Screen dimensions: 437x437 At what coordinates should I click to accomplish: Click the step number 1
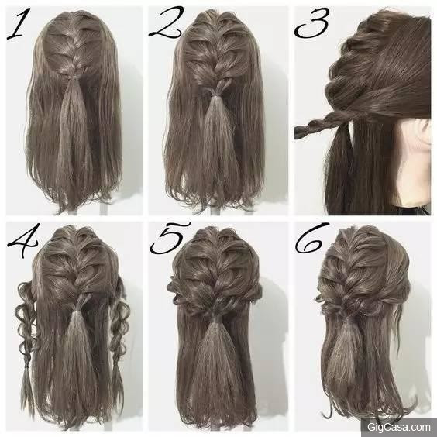[19, 24]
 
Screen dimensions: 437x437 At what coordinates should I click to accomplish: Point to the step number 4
[22, 240]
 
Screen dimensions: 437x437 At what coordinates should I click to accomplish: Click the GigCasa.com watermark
[398, 427]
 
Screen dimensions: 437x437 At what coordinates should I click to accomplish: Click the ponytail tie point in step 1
[71, 77]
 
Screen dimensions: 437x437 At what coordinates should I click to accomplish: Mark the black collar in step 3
[412, 209]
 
